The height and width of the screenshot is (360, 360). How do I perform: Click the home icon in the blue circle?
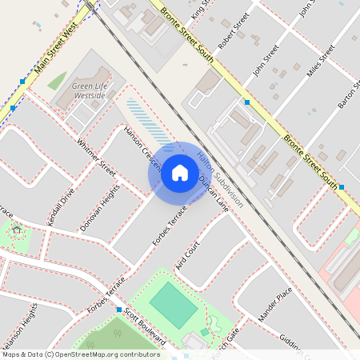click(x=180, y=171)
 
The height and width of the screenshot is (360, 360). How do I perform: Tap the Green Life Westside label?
click(x=89, y=90)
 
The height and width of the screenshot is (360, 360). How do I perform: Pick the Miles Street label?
click(x=321, y=62)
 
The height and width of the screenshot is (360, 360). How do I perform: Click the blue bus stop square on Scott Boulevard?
click(x=118, y=310)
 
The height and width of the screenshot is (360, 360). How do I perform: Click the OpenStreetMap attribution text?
click(x=81, y=354)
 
